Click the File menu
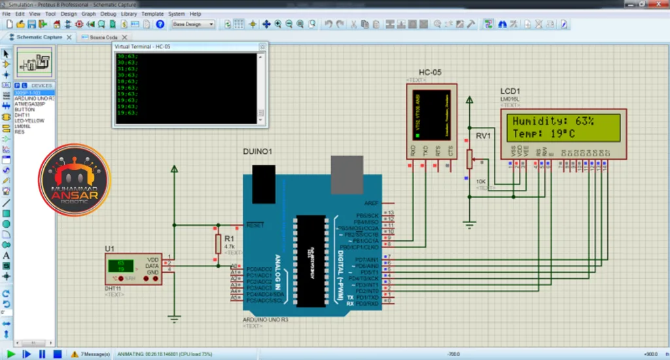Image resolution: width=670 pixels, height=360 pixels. (6, 13)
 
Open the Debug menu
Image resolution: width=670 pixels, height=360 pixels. (109, 13)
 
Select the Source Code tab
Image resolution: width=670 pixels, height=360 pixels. (102, 37)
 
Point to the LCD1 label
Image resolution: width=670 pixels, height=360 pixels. (510, 91)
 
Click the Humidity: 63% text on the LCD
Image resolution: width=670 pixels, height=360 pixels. (553, 121)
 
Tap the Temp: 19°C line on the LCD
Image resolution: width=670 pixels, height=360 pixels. (544, 134)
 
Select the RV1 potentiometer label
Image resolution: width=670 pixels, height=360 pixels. (483, 135)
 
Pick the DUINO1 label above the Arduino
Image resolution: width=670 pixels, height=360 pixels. (257, 151)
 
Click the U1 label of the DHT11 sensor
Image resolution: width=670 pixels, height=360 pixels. (109, 249)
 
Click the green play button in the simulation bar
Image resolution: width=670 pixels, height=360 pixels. (11, 354)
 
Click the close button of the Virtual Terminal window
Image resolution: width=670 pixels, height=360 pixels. (263, 47)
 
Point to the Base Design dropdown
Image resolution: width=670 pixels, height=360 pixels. (193, 24)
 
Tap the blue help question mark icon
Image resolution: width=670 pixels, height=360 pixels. (160, 24)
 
